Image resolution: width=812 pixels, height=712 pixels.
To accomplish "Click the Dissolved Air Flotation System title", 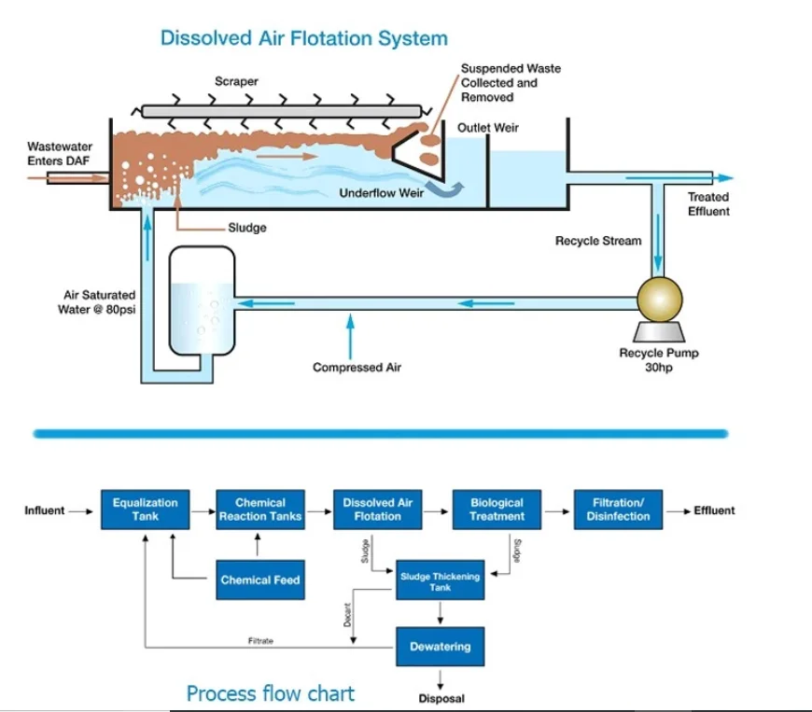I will tap(303, 39).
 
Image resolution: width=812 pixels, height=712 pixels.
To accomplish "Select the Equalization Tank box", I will tap(145, 510).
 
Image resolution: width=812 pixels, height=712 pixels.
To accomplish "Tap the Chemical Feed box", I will tap(260, 580).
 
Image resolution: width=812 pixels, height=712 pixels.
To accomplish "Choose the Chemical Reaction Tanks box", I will tap(260, 510).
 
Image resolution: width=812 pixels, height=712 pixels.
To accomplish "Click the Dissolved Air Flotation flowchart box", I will tap(378, 510).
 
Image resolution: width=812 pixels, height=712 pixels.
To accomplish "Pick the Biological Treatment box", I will tap(497, 510).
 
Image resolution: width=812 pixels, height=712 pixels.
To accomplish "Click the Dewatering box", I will tap(440, 647).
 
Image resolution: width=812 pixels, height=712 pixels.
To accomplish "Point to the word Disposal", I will tap(440, 699).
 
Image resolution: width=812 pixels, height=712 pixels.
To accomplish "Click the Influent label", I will tap(45, 510).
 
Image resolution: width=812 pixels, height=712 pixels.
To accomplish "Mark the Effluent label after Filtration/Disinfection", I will tap(714, 510).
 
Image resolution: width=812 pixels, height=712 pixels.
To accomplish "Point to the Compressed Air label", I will tap(357, 368).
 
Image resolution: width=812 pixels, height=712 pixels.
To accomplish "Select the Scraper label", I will tap(236, 82).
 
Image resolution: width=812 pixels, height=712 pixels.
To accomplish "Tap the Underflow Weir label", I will tap(382, 193).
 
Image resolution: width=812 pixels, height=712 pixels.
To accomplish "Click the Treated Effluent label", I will tap(708, 204).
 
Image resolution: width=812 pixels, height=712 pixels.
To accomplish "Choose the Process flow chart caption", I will tap(271, 693).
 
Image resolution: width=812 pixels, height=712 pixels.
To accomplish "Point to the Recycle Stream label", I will tap(598, 241).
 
